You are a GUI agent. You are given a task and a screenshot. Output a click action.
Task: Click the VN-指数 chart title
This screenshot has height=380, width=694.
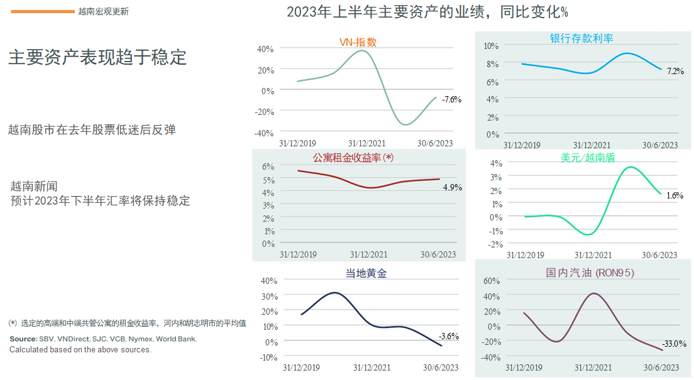coord(358,42)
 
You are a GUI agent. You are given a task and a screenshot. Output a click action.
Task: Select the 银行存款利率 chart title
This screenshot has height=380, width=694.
coord(581,38)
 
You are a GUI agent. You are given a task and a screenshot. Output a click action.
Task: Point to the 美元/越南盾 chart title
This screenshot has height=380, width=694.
coord(588,158)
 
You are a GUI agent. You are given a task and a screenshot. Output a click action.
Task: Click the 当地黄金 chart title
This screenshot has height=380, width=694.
coord(366,273)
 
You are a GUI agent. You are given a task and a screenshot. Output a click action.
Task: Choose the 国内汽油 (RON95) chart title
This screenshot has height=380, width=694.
coord(590,273)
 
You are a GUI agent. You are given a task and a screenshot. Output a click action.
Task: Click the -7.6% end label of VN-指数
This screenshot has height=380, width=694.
coord(451,99)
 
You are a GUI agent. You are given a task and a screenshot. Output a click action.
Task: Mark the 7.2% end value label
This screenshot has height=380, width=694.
coord(675,71)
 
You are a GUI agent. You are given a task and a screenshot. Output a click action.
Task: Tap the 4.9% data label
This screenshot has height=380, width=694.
coord(452,187)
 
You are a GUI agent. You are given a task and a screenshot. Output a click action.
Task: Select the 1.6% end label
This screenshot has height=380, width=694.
coord(675,195)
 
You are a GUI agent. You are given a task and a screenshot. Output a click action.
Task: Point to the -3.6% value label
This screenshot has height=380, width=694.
coord(449,336)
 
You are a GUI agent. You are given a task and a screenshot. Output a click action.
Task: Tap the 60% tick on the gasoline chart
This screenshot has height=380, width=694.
coord(490,281)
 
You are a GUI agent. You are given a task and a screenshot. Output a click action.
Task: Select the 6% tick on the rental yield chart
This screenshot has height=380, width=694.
coord(268,166)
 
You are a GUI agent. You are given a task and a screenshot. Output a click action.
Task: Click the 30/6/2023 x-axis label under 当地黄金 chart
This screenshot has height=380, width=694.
coord(439,367)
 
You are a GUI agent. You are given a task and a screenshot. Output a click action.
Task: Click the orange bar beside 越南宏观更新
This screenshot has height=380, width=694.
coord(43,11)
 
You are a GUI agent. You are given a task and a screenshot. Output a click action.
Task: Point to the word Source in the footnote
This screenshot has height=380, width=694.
coord(23,339)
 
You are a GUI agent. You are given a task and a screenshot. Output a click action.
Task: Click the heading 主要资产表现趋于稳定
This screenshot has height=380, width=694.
coord(97,57)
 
